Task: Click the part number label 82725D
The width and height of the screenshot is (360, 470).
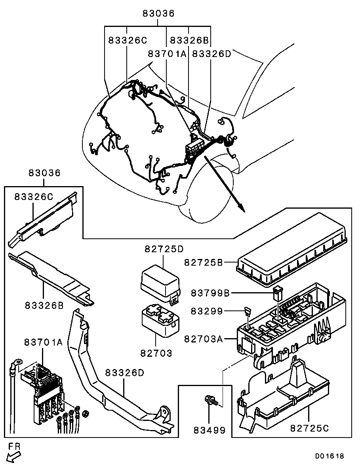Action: coord(164,249)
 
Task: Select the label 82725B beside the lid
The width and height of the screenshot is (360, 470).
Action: coord(204,262)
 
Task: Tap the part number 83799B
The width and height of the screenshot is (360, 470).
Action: coord(210,293)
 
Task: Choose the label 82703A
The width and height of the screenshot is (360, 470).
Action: coord(204,339)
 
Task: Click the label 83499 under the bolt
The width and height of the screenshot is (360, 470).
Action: coord(210,430)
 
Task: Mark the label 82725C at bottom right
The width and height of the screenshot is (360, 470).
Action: coord(310,428)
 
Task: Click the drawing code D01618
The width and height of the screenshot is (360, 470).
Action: coord(330,456)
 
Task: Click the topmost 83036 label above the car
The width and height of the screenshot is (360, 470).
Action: coord(158,13)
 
